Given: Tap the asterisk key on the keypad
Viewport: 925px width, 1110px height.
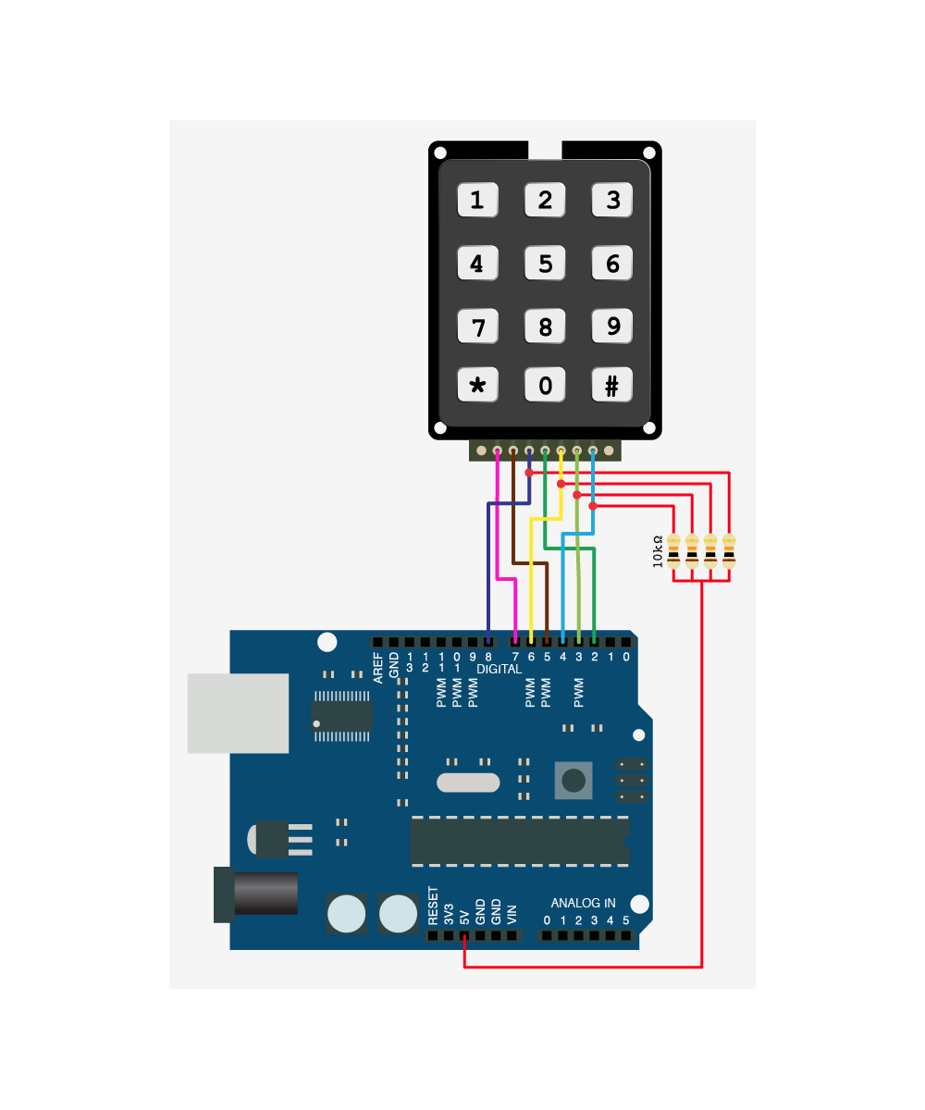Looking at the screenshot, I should pyautogui.click(x=477, y=386).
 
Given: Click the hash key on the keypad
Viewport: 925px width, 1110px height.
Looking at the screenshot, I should pyautogui.click(x=611, y=386).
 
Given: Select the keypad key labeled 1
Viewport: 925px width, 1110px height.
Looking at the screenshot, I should pyautogui.click(x=477, y=200).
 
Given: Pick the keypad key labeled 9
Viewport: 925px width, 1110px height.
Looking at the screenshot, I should pyautogui.click(x=611, y=326).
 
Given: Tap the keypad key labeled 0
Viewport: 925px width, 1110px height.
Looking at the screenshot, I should pyautogui.click(x=545, y=386).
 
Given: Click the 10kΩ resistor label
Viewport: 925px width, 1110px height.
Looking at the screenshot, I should pyautogui.click(x=659, y=552).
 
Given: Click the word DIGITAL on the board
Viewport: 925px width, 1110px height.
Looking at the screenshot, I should pyautogui.click(x=499, y=669).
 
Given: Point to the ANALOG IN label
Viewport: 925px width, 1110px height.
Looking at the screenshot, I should pyautogui.click(x=583, y=903).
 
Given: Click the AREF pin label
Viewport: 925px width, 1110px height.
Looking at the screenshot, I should pyautogui.click(x=378, y=668).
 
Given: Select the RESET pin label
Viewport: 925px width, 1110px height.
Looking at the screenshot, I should pyautogui.click(x=433, y=906).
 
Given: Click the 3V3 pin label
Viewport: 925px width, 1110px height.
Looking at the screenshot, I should pyautogui.click(x=449, y=913).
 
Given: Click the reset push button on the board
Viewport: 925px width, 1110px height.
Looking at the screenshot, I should pyautogui.click(x=573, y=781).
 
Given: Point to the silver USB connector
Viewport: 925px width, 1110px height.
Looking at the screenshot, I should pyautogui.click(x=238, y=713).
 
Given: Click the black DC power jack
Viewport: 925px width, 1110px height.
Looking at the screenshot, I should pyautogui.click(x=256, y=894).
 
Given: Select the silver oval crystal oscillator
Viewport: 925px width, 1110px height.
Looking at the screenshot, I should pyautogui.click(x=468, y=783).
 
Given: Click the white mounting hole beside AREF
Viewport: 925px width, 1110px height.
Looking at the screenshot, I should pyautogui.click(x=327, y=642).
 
